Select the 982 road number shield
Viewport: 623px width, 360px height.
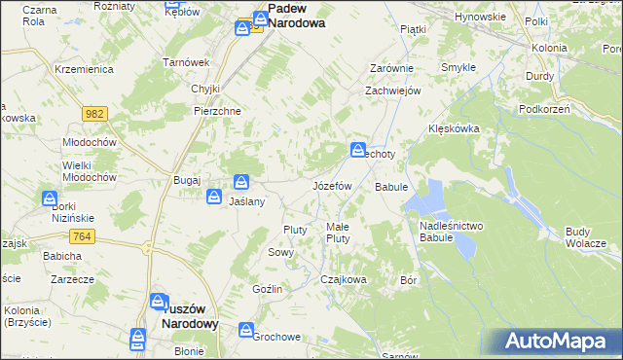(x=93, y=114)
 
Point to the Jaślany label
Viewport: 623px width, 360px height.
(x=247, y=201)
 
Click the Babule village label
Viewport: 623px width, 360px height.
(x=390, y=186)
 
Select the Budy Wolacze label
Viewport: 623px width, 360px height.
(x=585, y=236)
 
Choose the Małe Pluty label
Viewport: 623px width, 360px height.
(x=338, y=233)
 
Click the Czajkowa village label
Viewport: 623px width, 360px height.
(x=344, y=279)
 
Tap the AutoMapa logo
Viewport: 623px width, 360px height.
(x=562, y=341)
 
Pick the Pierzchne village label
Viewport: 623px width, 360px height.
(x=217, y=111)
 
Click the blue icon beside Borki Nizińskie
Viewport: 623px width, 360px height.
(x=50, y=198)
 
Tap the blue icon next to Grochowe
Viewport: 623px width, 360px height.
(x=245, y=330)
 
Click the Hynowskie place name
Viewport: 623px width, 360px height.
(x=480, y=17)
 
